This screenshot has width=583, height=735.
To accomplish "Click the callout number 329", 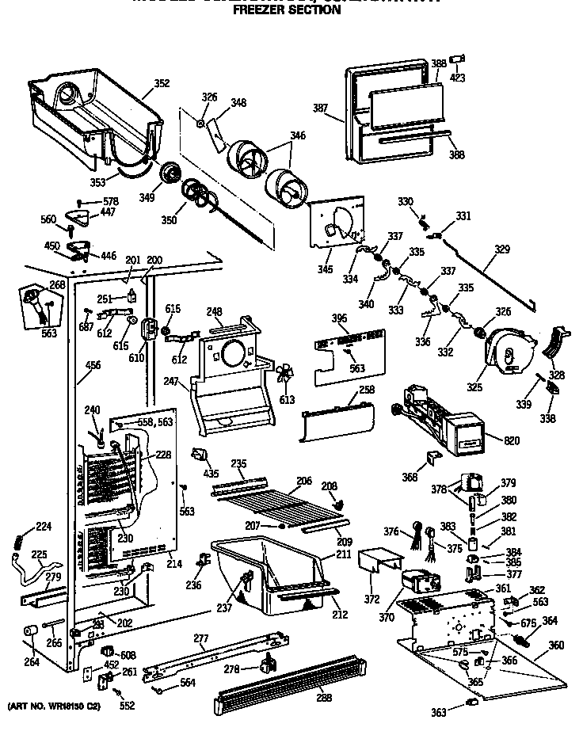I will pos(502,249).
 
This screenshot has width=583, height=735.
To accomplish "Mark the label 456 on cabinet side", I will pos(93,365).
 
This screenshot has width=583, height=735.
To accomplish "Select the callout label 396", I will pos(339,318).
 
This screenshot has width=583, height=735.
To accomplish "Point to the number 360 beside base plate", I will pos(557,646).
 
